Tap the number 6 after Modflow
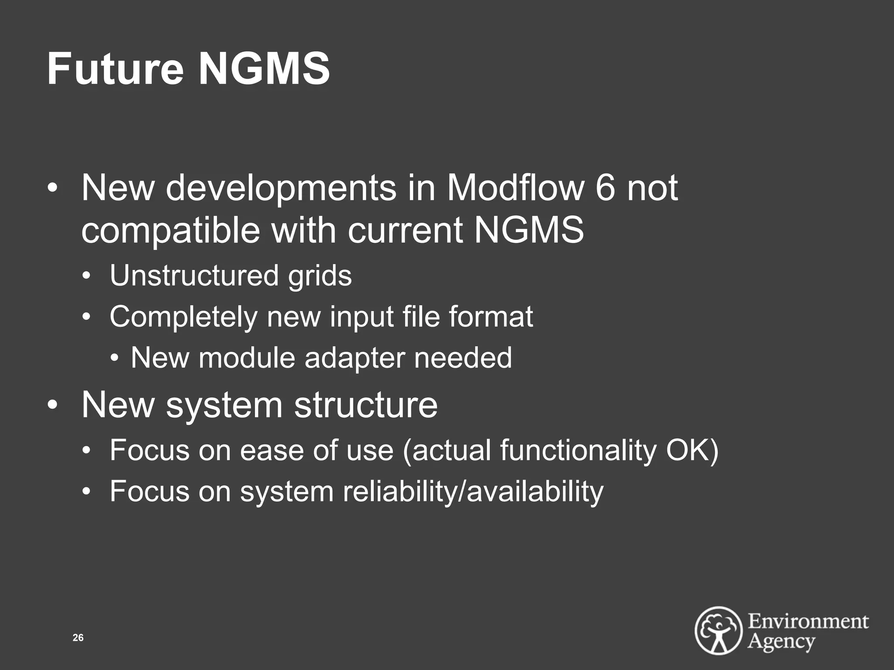tap(605, 188)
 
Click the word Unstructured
tap(194, 276)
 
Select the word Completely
tap(183, 317)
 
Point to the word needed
tap(463, 358)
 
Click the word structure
tap(365, 405)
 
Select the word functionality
tap(578, 450)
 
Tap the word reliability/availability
tap(473, 492)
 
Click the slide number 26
tap(78, 638)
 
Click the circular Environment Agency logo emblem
tap(719, 630)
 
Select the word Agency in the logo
tap(781, 642)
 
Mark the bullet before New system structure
tap(52, 405)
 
